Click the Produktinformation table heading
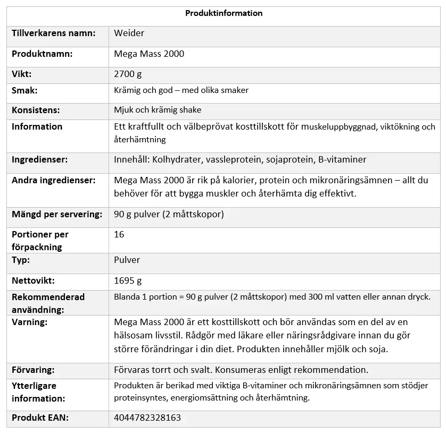(x=224, y=13)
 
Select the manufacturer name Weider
(x=129, y=33)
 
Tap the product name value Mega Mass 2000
(x=149, y=54)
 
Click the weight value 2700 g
(x=128, y=74)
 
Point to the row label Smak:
(x=24, y=90)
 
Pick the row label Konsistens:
(x=36, y=110)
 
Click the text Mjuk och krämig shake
(x=158, y=110)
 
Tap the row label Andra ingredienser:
(x=54, y=180)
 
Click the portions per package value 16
(x=119, y=234)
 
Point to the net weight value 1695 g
(x=128, y=280)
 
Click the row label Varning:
(x=29, y=322)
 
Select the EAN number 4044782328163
(x=147, y=418)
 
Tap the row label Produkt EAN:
(x=40, y=418)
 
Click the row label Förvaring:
(x=33, y=370)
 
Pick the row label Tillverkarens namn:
(x=54, y=33)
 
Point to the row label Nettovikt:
(x=33, y=280)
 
